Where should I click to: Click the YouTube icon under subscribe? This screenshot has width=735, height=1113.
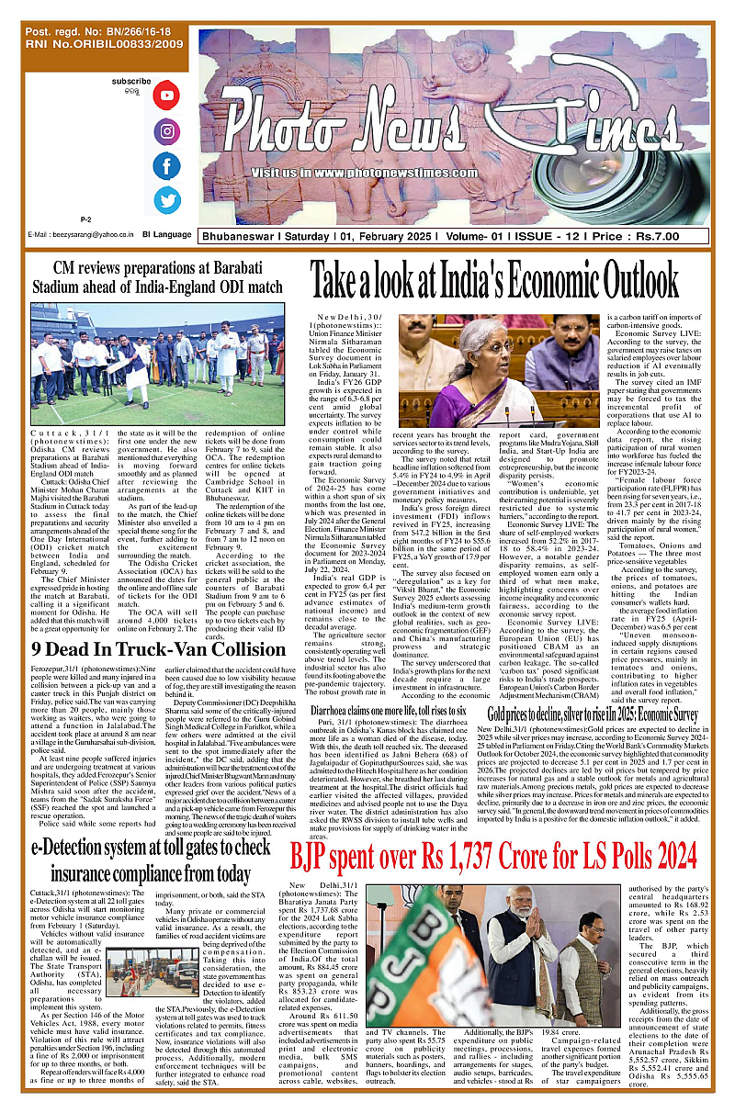(x=166, y=96)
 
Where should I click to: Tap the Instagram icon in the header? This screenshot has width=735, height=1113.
(x=166, y=131)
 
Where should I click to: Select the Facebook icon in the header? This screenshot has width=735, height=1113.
(x=166, y=166)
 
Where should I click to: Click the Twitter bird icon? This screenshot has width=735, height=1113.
(x=166, y=200)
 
